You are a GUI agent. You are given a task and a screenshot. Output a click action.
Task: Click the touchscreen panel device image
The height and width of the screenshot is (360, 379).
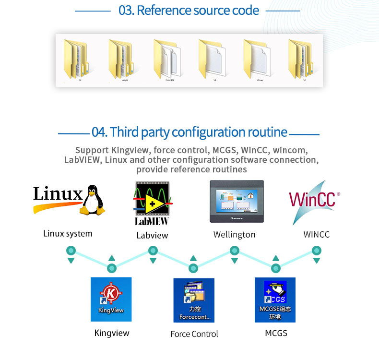(x=237, y=201)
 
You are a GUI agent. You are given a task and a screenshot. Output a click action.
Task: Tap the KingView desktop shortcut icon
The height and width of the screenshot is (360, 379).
(x=111, y=299)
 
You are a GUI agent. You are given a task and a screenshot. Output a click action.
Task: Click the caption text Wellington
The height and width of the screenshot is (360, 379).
(x=234, y=235)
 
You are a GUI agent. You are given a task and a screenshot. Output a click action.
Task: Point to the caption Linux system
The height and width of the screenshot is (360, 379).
(x=68, y=234)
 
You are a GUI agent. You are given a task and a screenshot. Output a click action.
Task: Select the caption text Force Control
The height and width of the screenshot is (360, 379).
(x=194, y=334)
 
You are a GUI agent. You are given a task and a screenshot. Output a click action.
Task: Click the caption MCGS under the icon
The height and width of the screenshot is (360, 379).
(x=276, y=333)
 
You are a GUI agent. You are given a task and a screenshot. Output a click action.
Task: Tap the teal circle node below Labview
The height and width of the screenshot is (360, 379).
(x=153, y=251)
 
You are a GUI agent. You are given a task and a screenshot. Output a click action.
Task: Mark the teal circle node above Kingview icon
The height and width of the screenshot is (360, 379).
(x=112, y=268)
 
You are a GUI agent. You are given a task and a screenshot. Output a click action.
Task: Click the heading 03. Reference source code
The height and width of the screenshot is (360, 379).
(x=189, y=10)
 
